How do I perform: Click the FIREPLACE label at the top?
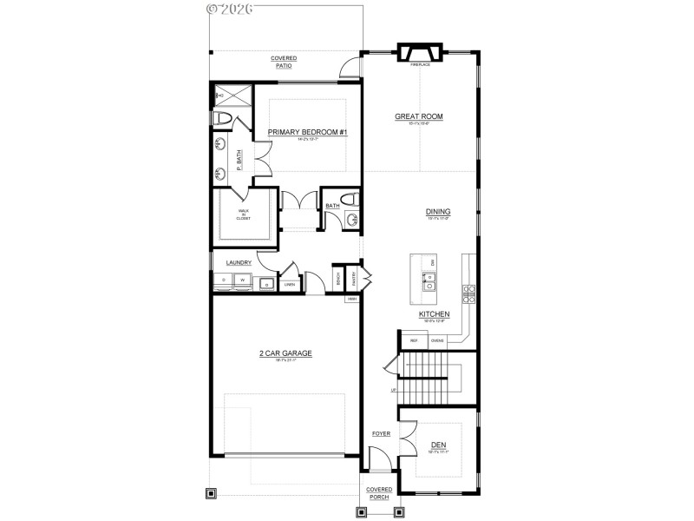[420, 64]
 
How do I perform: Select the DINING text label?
[438, 211]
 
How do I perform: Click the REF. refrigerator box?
[414, 340]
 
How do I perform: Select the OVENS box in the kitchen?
[437, 340]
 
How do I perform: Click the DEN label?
[438, 444]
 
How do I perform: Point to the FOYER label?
[381, 432]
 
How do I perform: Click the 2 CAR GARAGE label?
[285, 353]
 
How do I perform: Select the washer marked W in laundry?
[244, 280]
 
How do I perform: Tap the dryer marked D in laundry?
[224, 280]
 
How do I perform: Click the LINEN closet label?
[290, 284]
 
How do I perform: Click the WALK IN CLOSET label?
[244, 213]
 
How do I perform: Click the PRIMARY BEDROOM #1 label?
[307, 132]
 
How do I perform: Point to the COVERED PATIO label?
[283, 61]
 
